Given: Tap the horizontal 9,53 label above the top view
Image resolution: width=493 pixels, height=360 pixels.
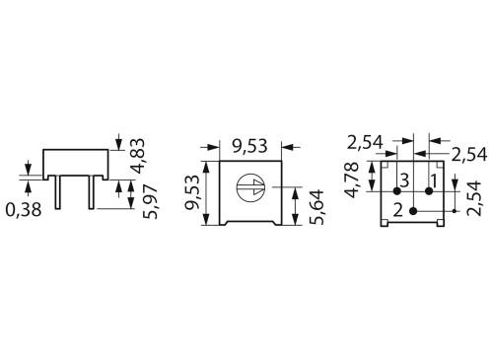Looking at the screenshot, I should [251, 147].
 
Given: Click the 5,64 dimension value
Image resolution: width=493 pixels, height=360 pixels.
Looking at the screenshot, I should [315, 206].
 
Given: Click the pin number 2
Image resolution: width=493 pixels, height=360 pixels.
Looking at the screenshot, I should [397, 210].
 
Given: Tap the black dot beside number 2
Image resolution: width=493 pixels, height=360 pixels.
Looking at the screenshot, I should [413, 210].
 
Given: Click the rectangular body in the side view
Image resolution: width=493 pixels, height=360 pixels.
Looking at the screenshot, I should [77, 162].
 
